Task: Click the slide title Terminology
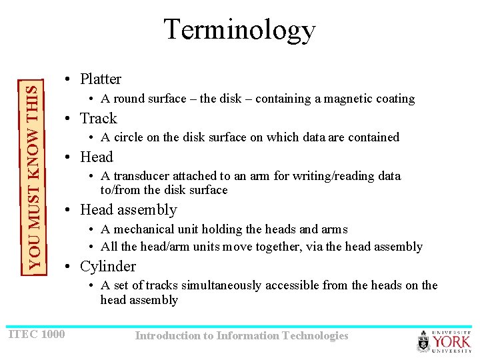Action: click(239, 30)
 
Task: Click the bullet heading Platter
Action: click(100, 79)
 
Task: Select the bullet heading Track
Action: click(98, 118)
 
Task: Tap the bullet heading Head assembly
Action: click(128, 209)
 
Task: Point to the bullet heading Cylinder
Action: click(107, 266)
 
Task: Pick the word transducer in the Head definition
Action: click(140, 176)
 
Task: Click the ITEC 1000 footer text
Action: click(37, 333)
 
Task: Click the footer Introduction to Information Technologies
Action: click(241, 335)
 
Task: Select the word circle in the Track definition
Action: click(128, 137)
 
